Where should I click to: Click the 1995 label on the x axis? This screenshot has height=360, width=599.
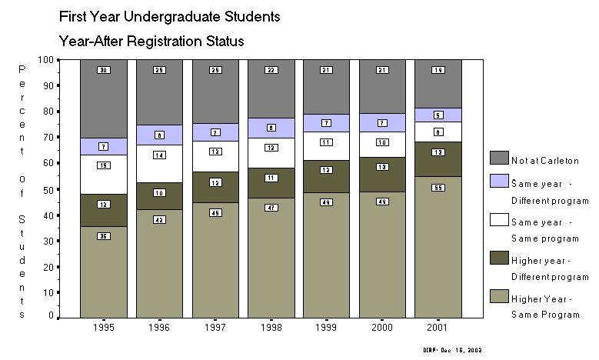click(103, 327)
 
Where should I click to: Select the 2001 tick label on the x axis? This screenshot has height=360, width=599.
click(438, 327)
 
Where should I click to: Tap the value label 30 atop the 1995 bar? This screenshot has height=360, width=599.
click(103, 70)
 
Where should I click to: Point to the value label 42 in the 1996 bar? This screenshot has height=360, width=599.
click(159, 219)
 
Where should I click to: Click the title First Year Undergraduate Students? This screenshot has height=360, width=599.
click(169, 15)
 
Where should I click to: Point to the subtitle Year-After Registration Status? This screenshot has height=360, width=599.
click(157, 39)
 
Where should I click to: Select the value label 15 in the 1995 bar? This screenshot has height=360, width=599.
click(103, 165)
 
